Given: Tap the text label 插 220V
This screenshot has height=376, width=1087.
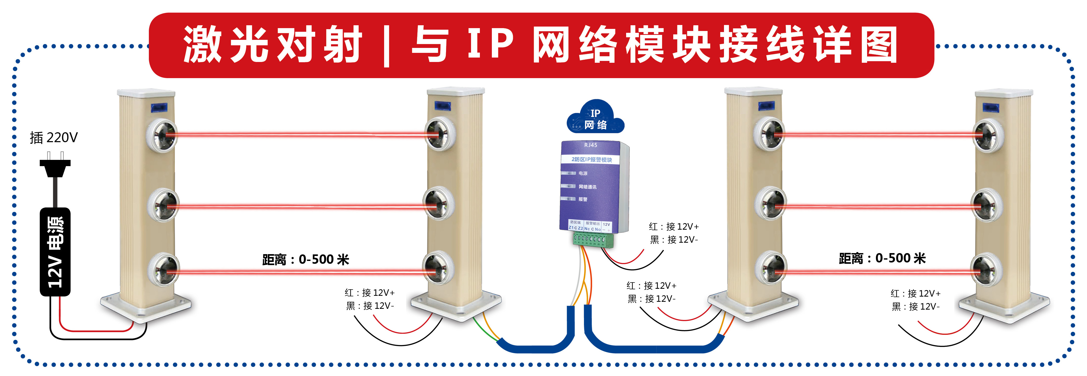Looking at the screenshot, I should pyautogui.click(x=54, y=137).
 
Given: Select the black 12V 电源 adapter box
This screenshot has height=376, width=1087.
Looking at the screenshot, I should pyautogui.click(x=55, y=252).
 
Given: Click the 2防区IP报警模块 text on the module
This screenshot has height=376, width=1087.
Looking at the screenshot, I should pyautogui.click(x=592, y=160).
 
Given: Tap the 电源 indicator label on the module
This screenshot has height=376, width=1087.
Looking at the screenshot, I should pyautogui.click(x=583, y=173).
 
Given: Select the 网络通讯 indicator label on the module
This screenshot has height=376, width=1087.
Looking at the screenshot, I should pyautogui.click(x=587, y=187).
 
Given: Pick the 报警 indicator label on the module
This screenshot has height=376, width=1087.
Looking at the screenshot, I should pyautogui.click(x=583, y=199).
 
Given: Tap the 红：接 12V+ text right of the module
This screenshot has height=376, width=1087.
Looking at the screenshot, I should pyautogui.click(x=674, y=227).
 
